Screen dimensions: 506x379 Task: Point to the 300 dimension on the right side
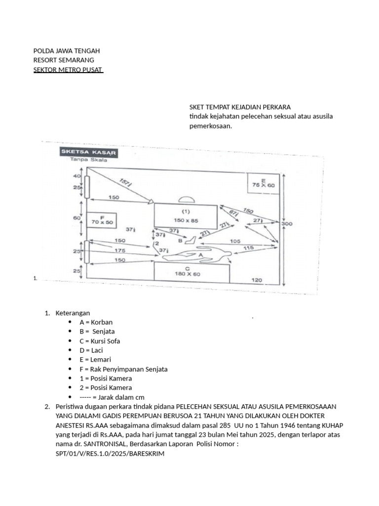tap(287, 223)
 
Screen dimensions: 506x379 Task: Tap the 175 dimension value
tap(119, 251)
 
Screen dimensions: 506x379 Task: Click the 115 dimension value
tap(249, 248)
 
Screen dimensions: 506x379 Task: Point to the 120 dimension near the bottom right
tap(257, 280)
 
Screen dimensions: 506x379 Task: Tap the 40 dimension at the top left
tap(76, 176)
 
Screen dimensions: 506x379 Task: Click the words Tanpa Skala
tap(87, 160)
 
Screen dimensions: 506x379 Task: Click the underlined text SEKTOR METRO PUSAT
tap(68, 69)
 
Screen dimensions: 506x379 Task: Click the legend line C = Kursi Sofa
tap(100, 341)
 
